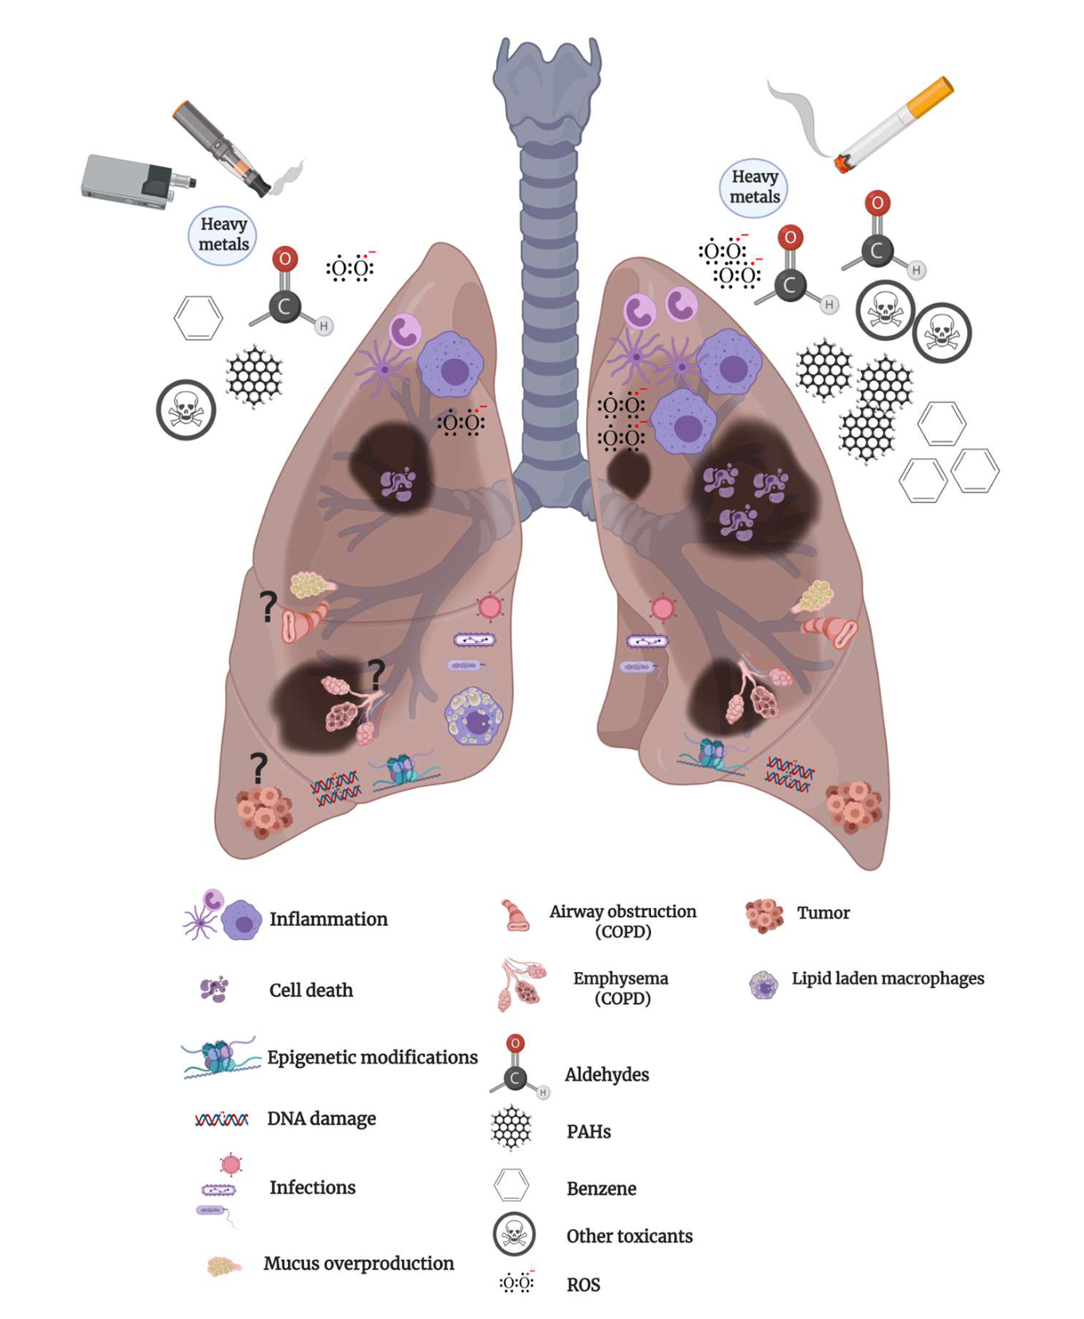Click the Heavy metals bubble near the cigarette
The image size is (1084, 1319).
tap(754, 187)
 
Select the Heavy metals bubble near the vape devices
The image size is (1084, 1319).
tap(223, 235)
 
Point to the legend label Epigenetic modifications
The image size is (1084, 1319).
tap(372, 1057)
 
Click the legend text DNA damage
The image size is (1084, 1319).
tap(321, 1118)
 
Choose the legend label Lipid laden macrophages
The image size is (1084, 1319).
tap(887, 978)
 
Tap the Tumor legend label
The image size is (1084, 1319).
tap(823, 913)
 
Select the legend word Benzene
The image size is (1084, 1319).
tap(601, 1188)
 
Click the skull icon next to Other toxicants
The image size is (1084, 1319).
tap(513, 1234)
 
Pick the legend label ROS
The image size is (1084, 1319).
tap(583, 1285)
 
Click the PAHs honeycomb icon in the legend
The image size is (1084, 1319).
tap(512, 1128)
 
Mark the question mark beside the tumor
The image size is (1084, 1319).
tap(258, 769)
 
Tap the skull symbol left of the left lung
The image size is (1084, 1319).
tap(186, 409)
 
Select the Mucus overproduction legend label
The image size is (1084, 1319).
tap(358, 1263)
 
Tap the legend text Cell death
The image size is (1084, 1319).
tap(310, 990)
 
